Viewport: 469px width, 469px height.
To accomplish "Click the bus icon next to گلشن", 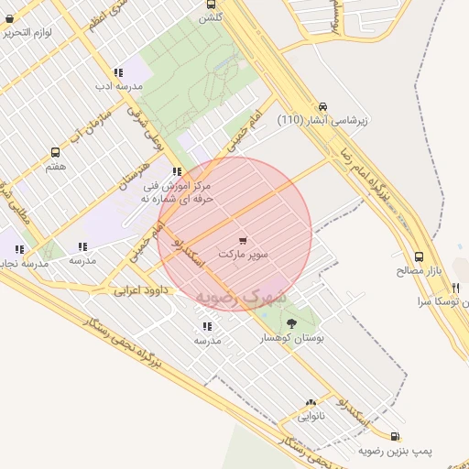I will tap(213, 5).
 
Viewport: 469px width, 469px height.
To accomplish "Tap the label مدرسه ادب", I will tap(117, 87).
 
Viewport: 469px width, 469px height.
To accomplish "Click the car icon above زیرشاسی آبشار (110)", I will tap(323, 106).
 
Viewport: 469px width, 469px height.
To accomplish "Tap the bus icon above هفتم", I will tap(56, 153).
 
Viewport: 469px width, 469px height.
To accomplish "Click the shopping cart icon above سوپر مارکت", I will tap(243, 239).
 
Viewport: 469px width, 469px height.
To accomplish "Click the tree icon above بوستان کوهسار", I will tap(291, 322).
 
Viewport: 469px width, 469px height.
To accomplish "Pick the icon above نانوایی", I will tap(311, 402).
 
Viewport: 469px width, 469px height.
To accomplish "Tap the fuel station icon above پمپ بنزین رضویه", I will tap(395, 437).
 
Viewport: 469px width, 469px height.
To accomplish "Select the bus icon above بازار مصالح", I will tap(419, 256).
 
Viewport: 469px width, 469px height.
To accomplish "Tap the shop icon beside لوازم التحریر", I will tap(9, 18).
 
